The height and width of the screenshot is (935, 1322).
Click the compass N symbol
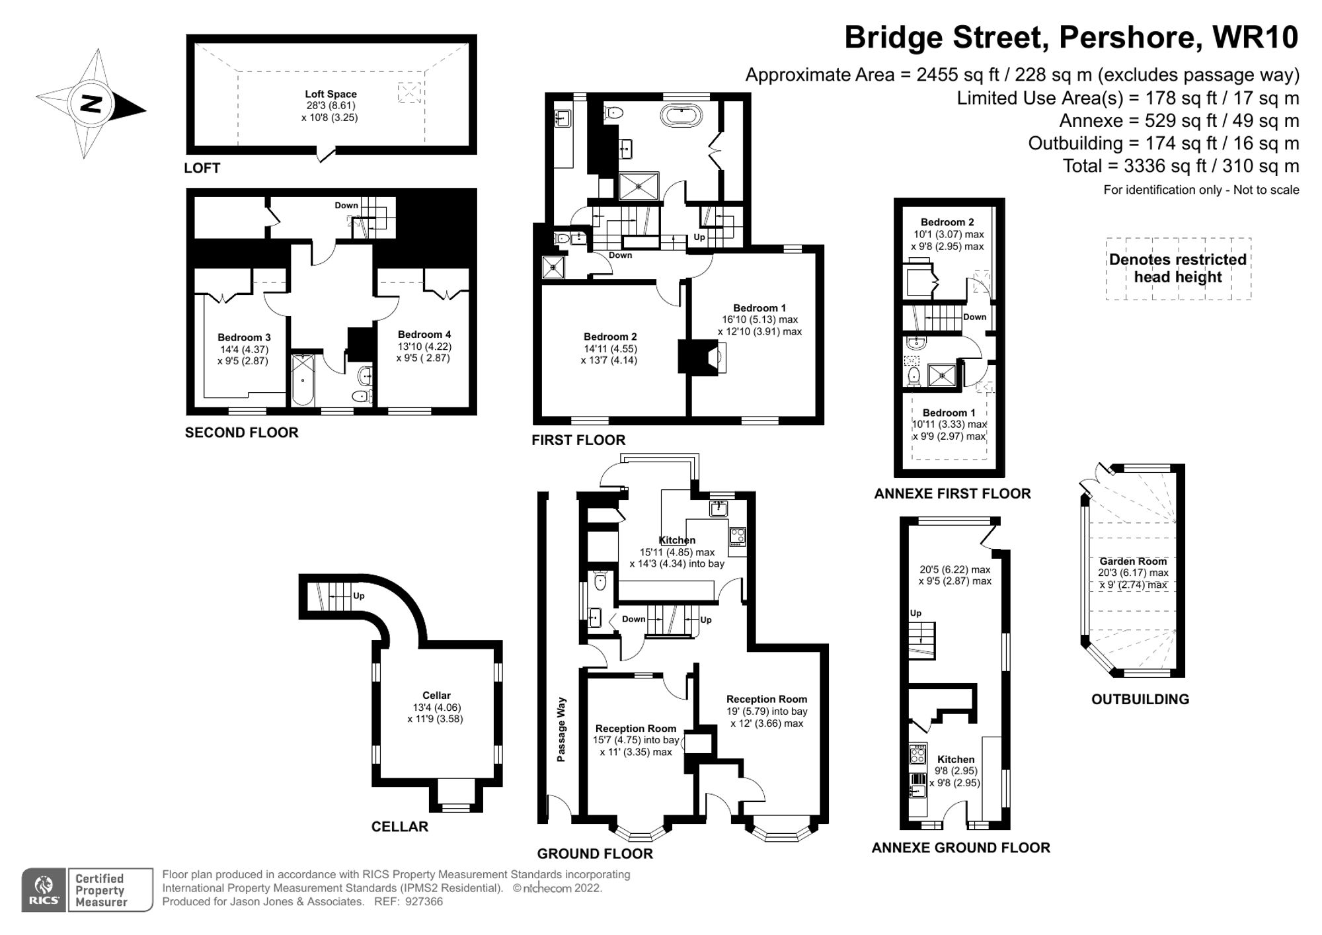click(x=91, y=104)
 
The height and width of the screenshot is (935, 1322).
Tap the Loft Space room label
click(x=330, y=95)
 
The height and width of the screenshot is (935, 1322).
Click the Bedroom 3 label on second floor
click(x=244, y=337)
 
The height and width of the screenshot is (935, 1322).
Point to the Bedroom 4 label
click(x=424, y=335)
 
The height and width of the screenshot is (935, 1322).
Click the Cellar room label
click(x=436, y=695)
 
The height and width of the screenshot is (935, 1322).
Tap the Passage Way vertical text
click(x=561, y=729)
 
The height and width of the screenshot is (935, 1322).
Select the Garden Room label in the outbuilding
click(x=1133, y=561)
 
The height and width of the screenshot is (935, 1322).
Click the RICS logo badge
click(x=44, y=890)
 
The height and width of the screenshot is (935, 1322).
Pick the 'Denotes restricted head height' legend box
click(x=1178, y=268)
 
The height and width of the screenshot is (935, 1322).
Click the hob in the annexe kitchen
click(x=917, y=754)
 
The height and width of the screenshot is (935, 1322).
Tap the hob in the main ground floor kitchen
click(x=737, y=536)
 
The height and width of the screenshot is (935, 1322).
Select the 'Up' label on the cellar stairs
click(x=358, y=596)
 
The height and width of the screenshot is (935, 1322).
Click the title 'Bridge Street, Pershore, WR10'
click(x=1071, y=38)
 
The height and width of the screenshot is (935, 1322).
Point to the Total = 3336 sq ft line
click(x=1180, y=166)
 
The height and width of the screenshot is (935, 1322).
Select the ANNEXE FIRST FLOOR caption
click(x=952, y=493)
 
